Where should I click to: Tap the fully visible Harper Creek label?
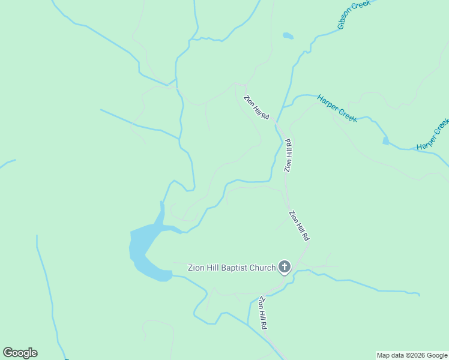(337, 108)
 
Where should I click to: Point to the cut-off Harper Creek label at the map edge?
(433, 134)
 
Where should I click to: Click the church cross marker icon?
(285, 267)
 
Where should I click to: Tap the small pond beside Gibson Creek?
(288, 36)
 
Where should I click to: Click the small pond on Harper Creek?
(385, 141)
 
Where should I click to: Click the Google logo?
(20, 353)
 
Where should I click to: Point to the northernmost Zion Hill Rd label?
(256, 107)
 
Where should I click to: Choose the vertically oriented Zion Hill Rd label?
(288, 155)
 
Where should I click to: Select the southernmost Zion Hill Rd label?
(263, 312)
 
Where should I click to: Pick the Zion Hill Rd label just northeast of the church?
(299, 225)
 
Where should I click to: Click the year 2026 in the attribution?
(418, 355)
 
